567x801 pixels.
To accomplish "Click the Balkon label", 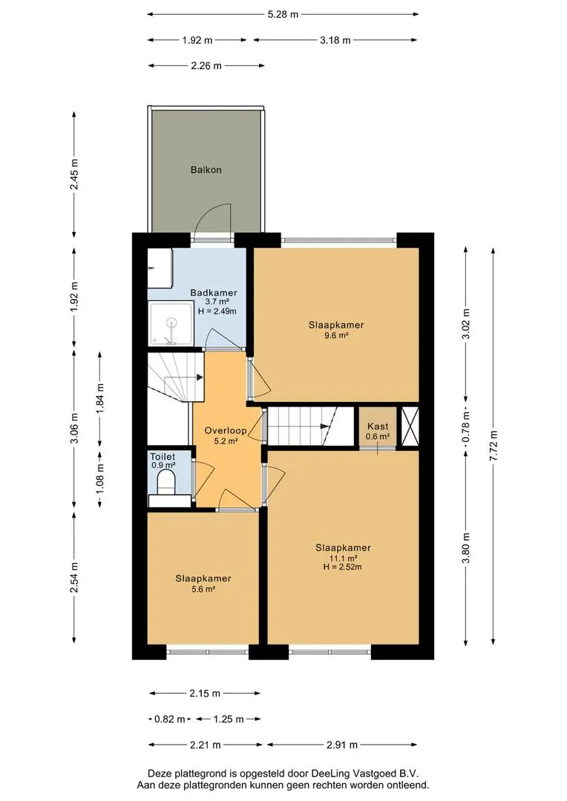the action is [x=206, y=170].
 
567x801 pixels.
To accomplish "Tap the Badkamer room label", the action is [x=214, y=293].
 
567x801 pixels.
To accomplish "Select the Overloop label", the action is [x=226, y=431].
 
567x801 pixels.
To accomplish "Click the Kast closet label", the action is [x=378, y=426].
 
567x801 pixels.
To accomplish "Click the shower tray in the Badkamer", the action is [x=171, y=323].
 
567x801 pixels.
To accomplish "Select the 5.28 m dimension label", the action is [x=283, y=14].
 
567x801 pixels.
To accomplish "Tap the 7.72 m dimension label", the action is [x=494, y=446].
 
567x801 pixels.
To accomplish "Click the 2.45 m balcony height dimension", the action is [x=75, y=174].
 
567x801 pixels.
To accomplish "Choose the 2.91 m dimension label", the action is [x=342, y=745].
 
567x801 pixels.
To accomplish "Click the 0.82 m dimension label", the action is [x=170, y=719].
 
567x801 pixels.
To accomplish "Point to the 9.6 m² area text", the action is [x=336, y=336].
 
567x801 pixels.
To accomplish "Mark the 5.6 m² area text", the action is [x=203, y=589].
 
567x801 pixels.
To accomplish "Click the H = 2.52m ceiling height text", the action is [x=343, y=567].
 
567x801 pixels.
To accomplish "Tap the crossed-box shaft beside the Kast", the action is [x=410, y=427].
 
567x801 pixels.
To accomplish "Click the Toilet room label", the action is [x=163, y=457].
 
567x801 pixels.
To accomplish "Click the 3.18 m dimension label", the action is [x=335, y=40].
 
